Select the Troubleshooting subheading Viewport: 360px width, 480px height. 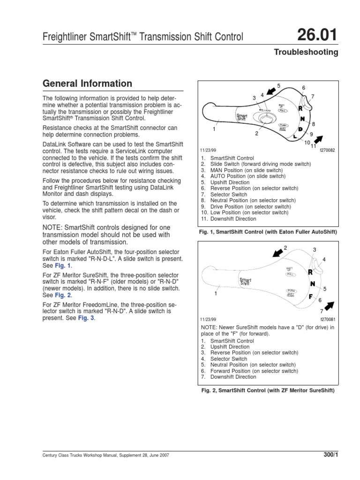306,52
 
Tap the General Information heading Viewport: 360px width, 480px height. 87,84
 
